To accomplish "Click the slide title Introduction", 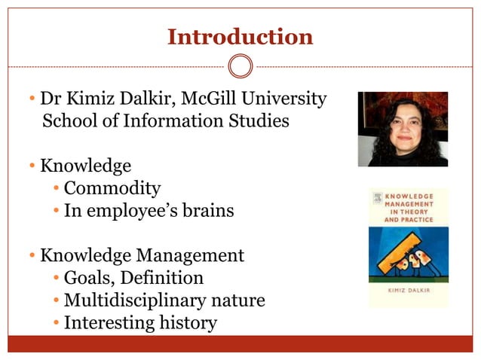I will tap(240, 36).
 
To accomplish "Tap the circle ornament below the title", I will tap(240, 66).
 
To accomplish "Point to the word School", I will tap(69, 121).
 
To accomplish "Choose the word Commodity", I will tap(112, 188).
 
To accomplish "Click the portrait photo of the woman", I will tap(402, 129).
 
